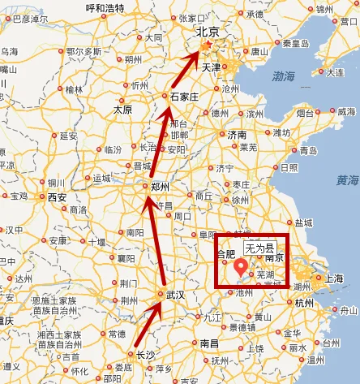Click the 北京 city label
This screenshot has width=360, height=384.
tap(208, 32)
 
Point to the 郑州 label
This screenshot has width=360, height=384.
tap(161, 188)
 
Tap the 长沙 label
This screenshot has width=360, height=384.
tap(145, 355)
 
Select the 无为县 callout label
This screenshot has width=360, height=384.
tap(259, 246)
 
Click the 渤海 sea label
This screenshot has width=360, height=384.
tap(283, 76)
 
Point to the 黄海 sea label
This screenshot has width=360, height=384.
tap(347, 180)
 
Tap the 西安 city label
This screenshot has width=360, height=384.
tap(57, 196)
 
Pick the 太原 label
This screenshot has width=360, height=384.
tap(123, 109)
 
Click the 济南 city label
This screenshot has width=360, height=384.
tap(236, 134)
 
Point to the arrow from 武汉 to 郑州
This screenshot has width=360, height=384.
tap(155, 244)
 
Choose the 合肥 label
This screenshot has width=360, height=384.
tap(225, 254)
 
